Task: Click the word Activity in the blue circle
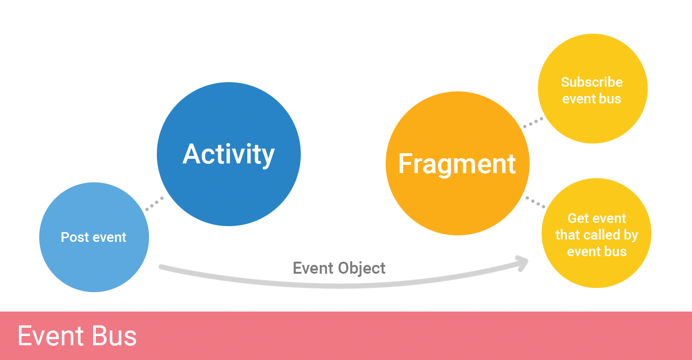coord(229,154)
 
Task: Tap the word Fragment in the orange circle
coord(457,164)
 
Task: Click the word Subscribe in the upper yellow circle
coord(592,82)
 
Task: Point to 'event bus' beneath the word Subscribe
coord(592,99)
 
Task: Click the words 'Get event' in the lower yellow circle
coord(597,218)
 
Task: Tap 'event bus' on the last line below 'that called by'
coord(597,252)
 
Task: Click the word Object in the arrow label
coord(362,268)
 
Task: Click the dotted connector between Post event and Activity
coord(154,204)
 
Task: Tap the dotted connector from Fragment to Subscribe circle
coord(533,123)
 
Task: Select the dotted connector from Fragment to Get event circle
coord(536,202)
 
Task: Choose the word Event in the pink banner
coord(51,336)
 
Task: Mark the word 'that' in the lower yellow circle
coord(567,235)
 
